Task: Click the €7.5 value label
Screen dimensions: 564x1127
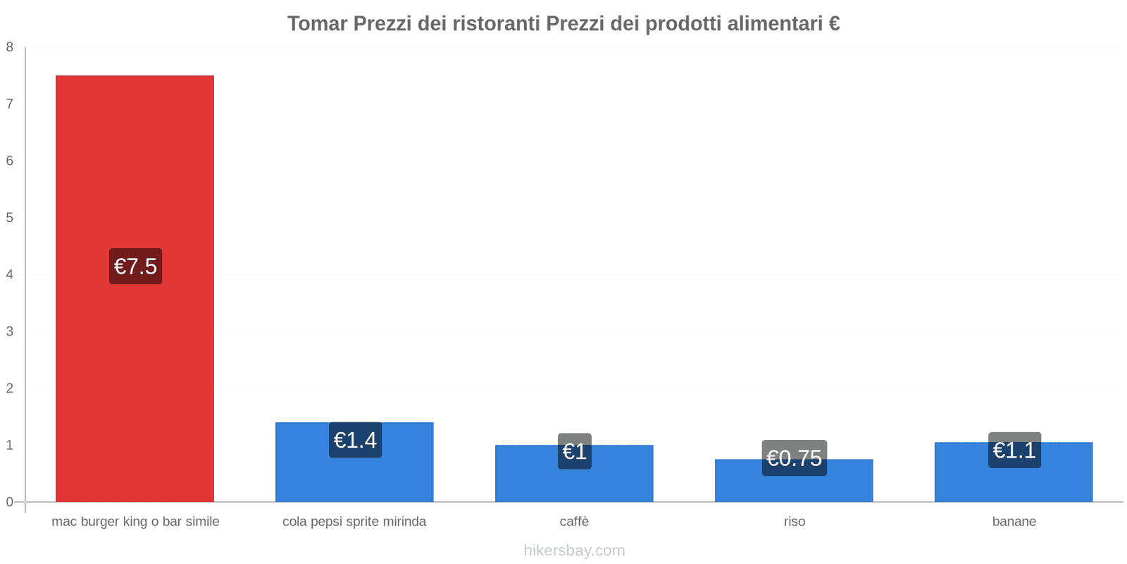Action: (x=135, y=266)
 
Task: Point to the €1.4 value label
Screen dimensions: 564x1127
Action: (x=355, y=440)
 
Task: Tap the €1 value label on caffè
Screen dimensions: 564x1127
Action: (x=574, y=451)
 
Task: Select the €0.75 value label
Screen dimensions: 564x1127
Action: (x=794, y=458)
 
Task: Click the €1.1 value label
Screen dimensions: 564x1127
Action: (x=1014, y=450)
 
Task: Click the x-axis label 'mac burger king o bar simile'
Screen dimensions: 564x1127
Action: (x=135, y=522)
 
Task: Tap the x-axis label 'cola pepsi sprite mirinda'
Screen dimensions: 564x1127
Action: (x=354, y=522)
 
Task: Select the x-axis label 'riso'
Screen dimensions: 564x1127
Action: (x=794, y=522)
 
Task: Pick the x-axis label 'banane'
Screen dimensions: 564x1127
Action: (x=1014, y=522)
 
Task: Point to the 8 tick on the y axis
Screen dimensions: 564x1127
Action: (x=10, y=47)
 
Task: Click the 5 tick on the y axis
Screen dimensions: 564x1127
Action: (x=10, y=218)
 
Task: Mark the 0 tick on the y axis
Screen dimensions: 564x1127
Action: (x=10, y=502)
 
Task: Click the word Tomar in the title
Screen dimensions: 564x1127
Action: (x=317, y=24)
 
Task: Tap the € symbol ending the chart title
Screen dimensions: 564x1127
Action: (x=834, y=24)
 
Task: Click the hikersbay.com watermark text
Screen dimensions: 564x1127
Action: (x=574, y=551)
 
